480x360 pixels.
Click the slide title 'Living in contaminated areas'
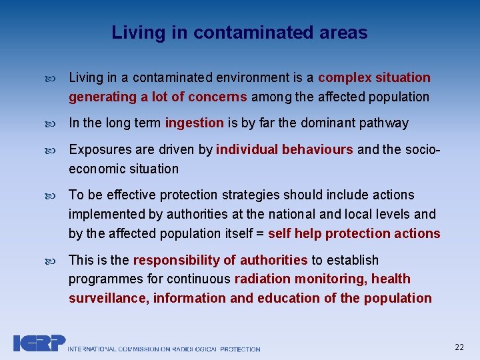pos(239,33)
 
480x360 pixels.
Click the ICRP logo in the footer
pos(39,343)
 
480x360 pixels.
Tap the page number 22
pos(459,347)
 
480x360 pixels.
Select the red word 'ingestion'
pos(194,123)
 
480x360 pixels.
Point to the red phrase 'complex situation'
pos(374,78)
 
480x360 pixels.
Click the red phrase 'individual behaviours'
pos(285,149)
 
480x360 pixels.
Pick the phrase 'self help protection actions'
pos(354,234)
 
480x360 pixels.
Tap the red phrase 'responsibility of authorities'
pos(220,260)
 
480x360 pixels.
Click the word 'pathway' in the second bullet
pos(385,123)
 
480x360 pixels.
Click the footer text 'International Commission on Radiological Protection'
pos(164,349)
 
